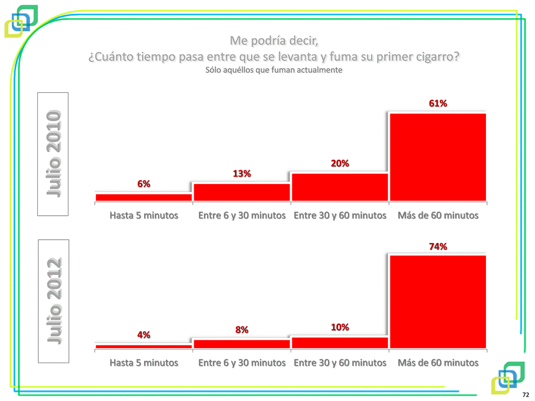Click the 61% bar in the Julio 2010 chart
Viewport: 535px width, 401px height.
pos(438,157)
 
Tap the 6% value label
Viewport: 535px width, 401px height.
pos(144,184)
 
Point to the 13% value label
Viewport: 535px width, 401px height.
pos(242,174)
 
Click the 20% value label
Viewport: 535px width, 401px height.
pos(340,164)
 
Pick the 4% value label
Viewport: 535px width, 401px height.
pos(144,334)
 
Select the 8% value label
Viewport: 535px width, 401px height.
pos(242,329)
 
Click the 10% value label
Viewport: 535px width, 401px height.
pos(340,327)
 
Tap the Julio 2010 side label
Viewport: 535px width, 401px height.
pos(53,154)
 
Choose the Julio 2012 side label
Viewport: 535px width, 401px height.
pos(53,301)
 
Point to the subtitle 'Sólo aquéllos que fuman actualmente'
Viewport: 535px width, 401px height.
pos(273,71)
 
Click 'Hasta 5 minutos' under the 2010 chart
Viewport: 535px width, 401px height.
pos(144,215)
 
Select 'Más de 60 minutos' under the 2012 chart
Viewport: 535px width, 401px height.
pos(438,363)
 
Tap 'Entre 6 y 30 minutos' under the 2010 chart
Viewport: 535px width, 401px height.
pos(242,215)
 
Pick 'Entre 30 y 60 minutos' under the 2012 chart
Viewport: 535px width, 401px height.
pos(340,363)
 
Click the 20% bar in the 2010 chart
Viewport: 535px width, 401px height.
pos(340,187)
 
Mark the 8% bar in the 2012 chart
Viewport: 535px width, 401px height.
pos(242,344)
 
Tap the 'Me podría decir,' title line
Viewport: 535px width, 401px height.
pos(273,41)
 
